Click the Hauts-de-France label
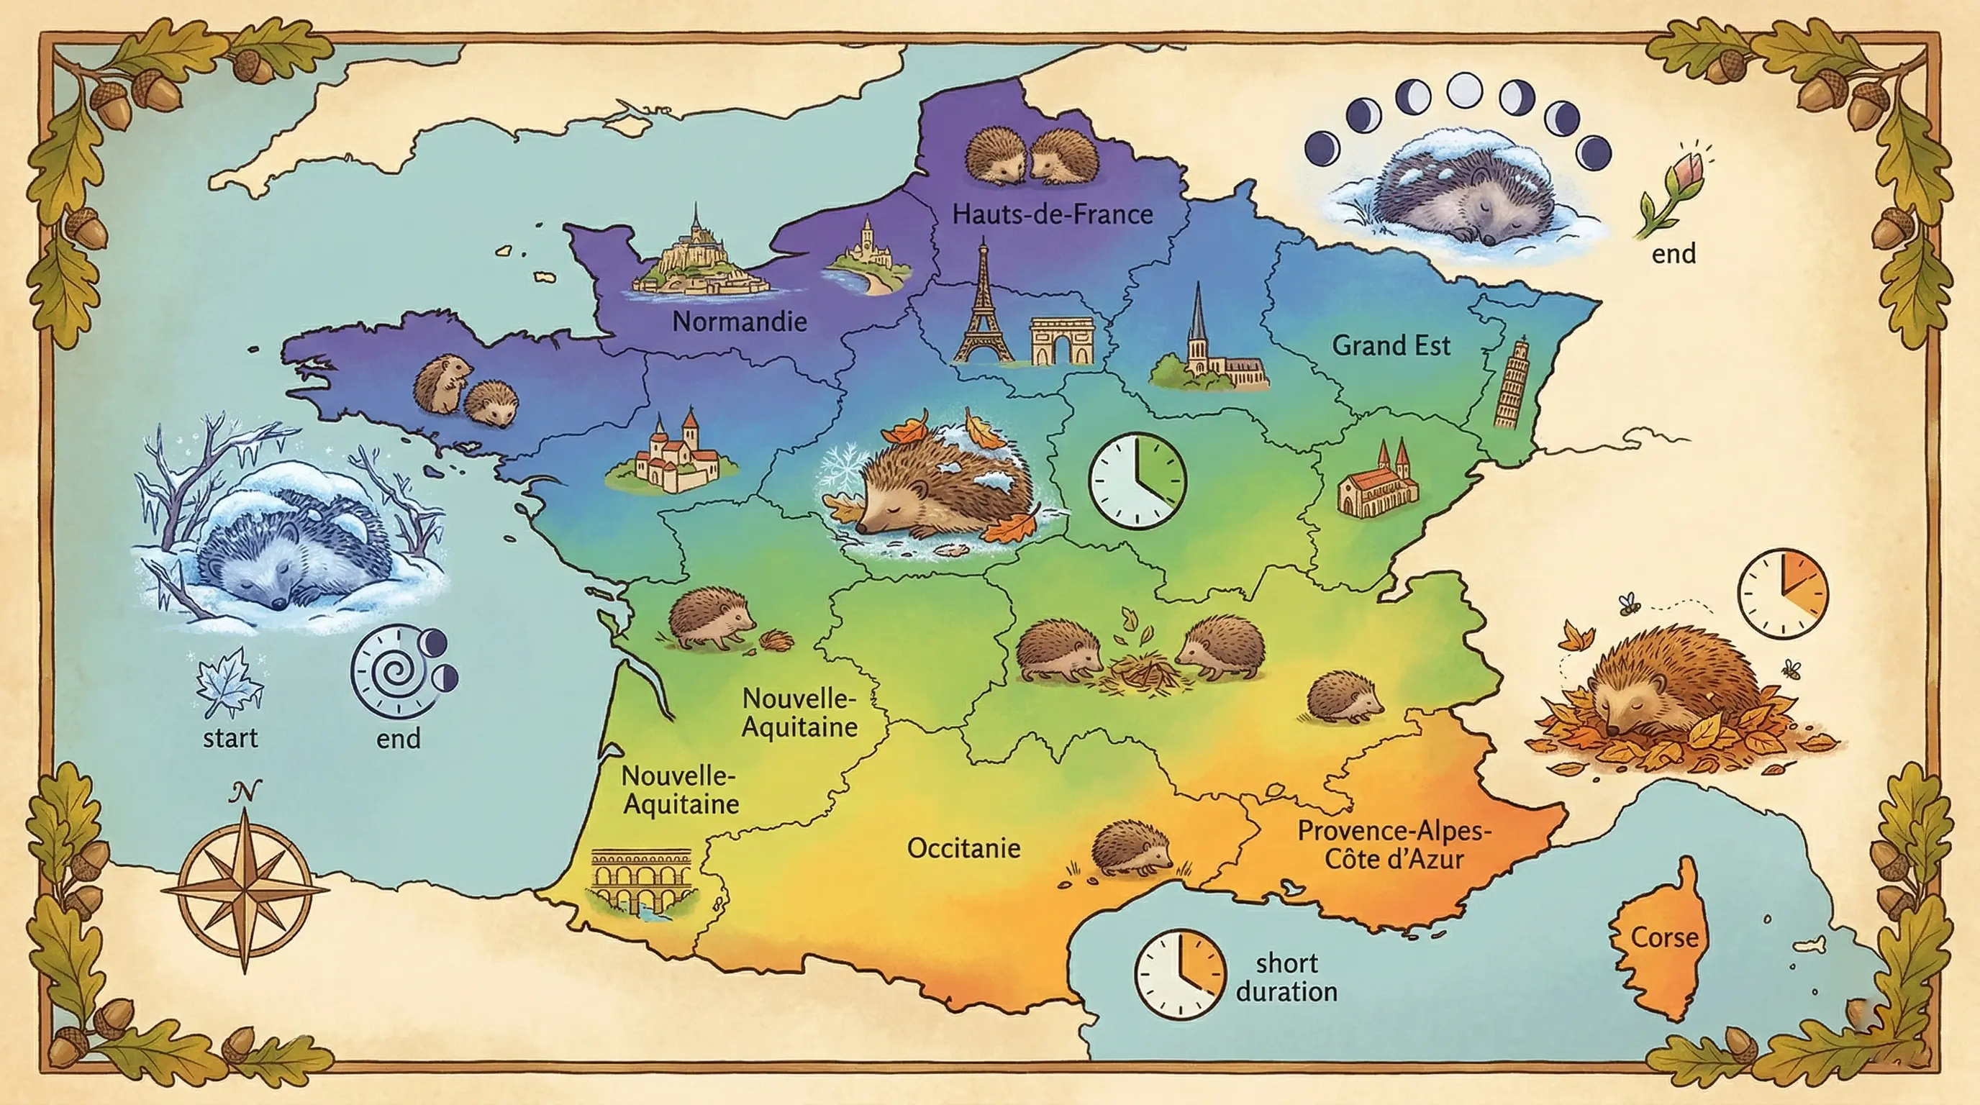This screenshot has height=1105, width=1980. point(1053,214)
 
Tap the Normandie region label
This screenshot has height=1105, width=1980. point(740,321)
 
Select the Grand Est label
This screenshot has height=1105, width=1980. point(1391,346)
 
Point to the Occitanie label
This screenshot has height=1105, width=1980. point(964,848)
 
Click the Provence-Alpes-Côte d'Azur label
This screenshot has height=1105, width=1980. point(1394,845)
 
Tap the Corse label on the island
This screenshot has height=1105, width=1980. point(1665,937)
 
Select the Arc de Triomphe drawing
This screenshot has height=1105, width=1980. point(1061,340)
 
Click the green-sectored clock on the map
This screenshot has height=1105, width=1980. point(1137,481)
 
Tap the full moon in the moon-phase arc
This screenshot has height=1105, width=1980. point(1463,91)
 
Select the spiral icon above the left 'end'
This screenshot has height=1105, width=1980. point(392,670)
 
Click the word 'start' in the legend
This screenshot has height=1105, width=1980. point(230,738)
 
